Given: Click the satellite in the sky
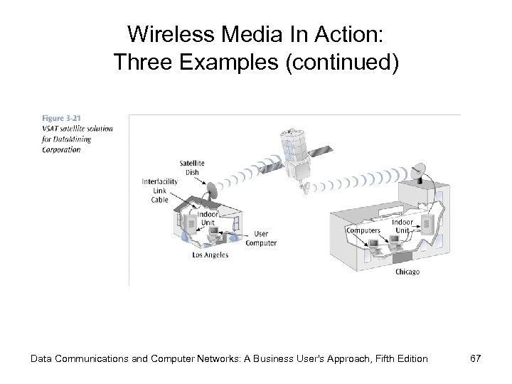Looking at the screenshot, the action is (299, 157).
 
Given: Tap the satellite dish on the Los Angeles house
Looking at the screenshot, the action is (211, 191).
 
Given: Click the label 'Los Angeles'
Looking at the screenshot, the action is (210, 255).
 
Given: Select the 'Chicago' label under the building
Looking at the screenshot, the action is (407, 272).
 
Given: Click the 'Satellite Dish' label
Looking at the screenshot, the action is (192, 167).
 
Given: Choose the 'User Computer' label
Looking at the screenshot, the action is (260, 238).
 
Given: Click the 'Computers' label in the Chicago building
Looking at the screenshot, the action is (363, 230).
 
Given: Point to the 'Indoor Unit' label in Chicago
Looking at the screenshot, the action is (402, 226).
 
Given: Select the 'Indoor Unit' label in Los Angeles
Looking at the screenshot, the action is (207, 218).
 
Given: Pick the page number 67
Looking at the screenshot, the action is (475, 358).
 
